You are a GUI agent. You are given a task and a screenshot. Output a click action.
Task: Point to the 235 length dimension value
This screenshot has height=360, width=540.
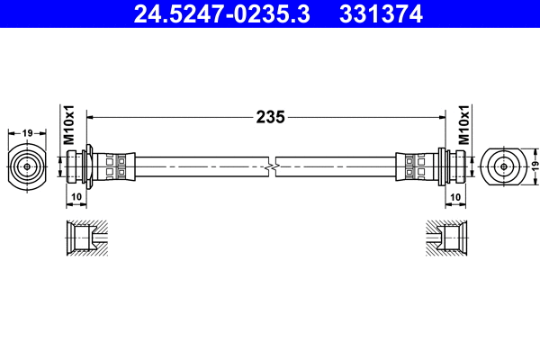coord(270,116)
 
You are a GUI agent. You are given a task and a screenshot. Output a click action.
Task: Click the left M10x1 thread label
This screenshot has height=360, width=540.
coord(68,126)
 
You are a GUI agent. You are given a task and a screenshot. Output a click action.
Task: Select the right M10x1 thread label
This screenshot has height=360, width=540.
coord(465,125)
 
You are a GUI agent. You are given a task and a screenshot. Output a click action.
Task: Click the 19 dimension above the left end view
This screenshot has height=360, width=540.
coord(28,133)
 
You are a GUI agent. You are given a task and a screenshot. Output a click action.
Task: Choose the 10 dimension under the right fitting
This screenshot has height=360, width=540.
coord(455,196)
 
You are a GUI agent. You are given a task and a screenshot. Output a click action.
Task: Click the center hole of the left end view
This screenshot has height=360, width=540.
coord(28,166)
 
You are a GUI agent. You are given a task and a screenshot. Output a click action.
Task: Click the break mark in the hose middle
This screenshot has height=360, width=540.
coord(271,166)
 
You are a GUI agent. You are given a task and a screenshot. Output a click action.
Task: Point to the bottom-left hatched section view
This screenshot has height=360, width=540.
coord(87,239)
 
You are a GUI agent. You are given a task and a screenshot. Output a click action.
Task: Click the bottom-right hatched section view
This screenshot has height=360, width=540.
coord(445,239)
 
